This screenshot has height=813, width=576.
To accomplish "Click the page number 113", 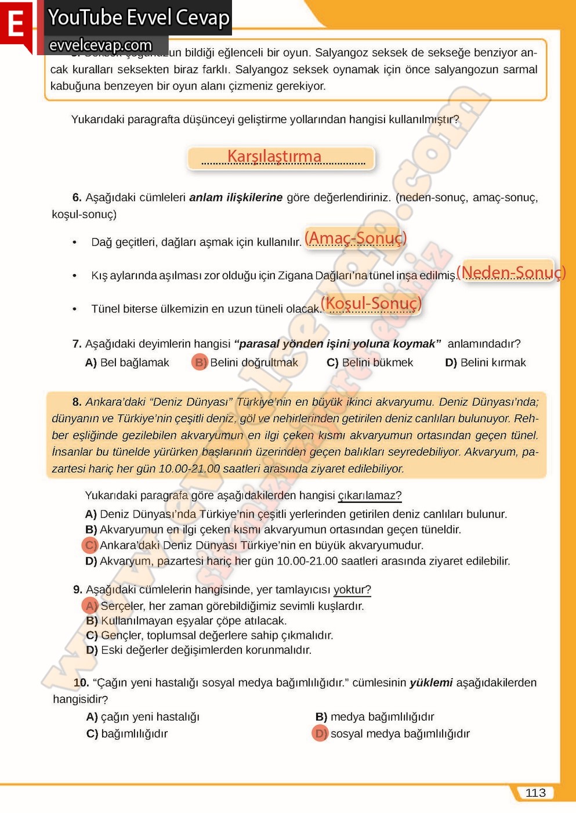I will click(x=535, y=793).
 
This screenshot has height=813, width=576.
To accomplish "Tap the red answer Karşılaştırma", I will click(x=274, y=156).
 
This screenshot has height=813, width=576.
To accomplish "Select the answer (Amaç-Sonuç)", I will click(x=356, y=238).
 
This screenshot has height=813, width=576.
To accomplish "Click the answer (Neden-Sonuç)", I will click(x=510, y=272).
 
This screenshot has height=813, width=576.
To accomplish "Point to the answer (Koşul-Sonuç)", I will click(x=371, y=303).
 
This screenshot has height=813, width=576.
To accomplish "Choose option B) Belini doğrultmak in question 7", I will click(x=245, y=362).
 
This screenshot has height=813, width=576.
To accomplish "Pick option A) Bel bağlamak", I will click(x=127, y=362).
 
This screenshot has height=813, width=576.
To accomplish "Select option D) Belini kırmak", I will click(x=486, y=362).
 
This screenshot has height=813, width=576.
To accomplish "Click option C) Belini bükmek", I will click(x=370, y=362).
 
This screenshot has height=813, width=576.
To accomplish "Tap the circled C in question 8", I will click(x=90, y=545).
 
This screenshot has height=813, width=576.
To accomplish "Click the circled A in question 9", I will click(x=90, y=606).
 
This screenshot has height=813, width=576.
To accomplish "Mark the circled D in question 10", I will click(x=320, y=733).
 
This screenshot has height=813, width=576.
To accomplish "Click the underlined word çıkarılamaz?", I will click(x=369, y=495).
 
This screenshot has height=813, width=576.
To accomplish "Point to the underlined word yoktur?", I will click(x=352, y=589).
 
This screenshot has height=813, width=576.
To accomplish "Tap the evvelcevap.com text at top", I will click(x=101, y=45).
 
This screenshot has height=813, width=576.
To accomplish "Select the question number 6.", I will click(x=77, y=197).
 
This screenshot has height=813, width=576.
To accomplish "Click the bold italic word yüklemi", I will click(x=431, y=682).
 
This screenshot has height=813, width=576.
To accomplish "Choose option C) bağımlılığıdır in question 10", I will click(x=127, y=733).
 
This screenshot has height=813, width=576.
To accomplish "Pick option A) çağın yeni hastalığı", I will click(x=143, y=717).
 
